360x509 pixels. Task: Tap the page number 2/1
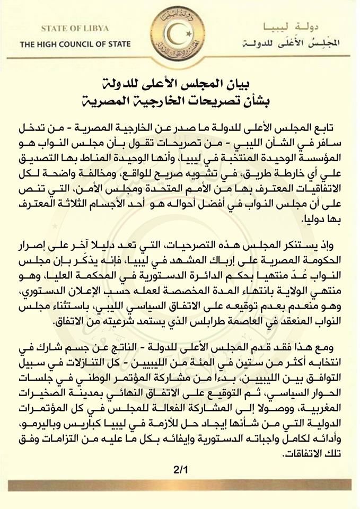coord(179,468)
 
